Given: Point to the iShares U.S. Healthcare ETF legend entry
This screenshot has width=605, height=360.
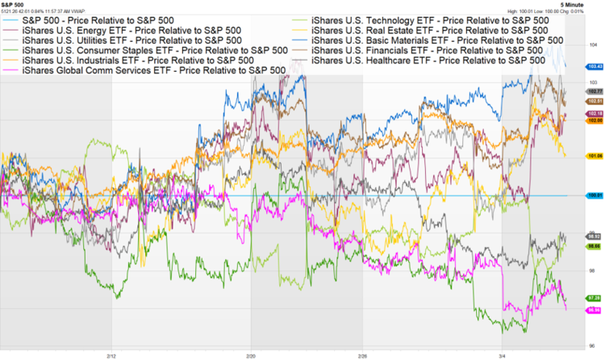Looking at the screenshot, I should pyautogui.click(x=428, y=61).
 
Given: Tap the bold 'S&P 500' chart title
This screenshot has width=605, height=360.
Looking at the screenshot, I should pyautogui.click(x=14, y=4).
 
